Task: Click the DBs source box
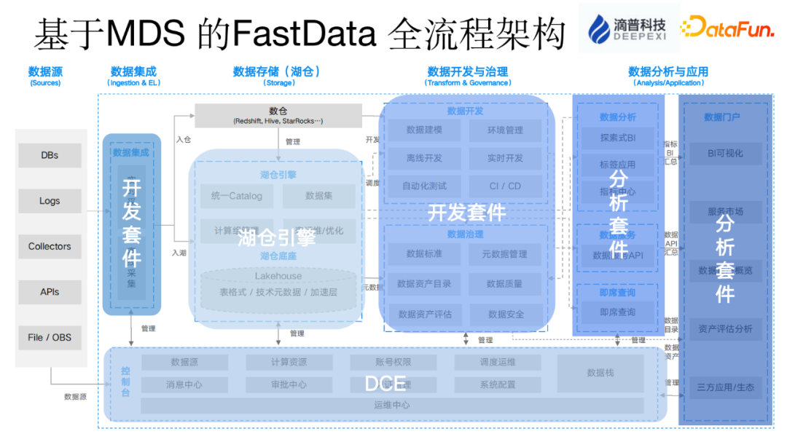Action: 50,155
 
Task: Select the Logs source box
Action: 50,201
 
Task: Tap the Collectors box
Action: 50,246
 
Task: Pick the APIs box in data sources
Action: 50,292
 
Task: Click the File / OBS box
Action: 50,337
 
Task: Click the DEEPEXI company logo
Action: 628,28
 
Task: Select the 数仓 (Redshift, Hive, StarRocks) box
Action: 278,115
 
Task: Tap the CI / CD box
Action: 505,186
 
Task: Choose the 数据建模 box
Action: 424,130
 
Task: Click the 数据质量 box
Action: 505,283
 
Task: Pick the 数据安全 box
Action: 505,314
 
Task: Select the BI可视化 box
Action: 725,154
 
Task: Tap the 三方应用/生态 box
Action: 725,387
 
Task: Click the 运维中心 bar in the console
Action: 391,405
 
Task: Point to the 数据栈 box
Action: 600,373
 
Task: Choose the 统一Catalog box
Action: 236,196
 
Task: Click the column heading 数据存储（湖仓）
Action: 277,71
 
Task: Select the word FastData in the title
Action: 295,32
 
